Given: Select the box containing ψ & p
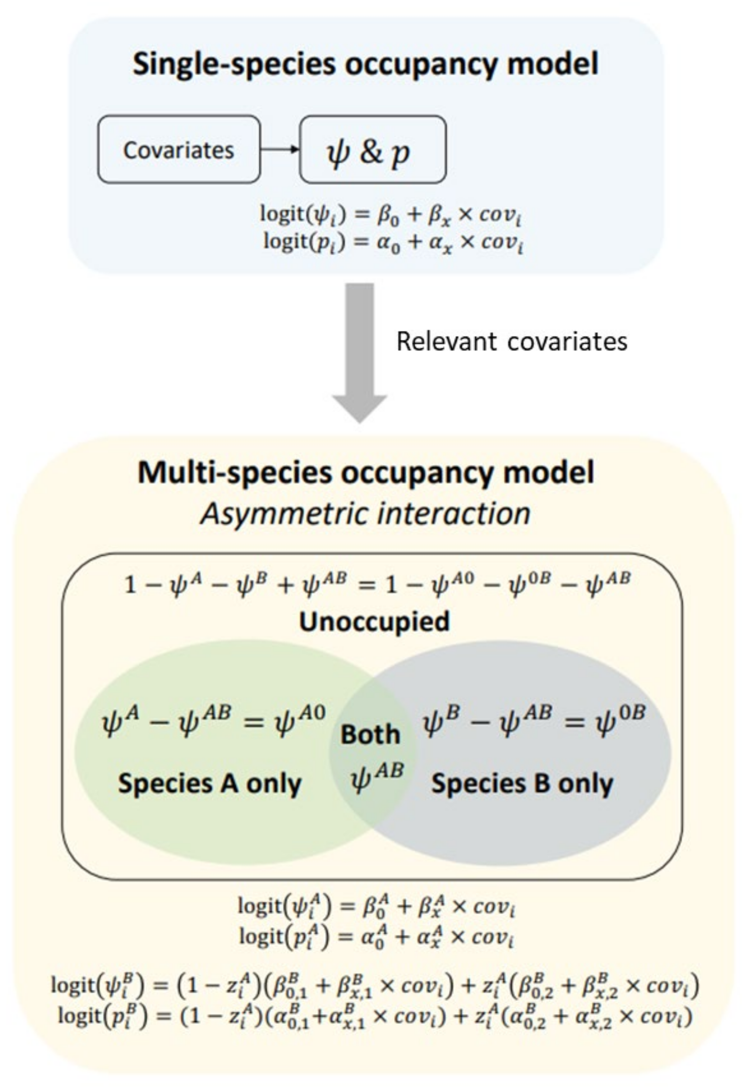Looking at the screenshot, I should click(x=372, y=150).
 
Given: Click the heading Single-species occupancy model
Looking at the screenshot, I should click(x=365, y=64).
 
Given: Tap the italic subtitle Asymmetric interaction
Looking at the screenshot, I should click(x=366, y=513).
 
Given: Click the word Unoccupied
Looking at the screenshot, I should click(x=375, y=621).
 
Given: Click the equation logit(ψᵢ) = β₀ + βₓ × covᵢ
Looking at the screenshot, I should click(x=392, y=215).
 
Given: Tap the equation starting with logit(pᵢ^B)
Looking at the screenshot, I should click(x=375, y=1016).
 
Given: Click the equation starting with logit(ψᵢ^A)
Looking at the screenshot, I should click(x=376, y=906).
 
